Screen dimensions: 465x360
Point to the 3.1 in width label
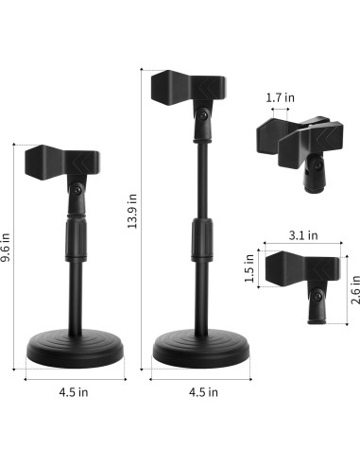302,235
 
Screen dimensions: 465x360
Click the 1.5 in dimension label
249,267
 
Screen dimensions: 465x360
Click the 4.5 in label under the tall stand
203,390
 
